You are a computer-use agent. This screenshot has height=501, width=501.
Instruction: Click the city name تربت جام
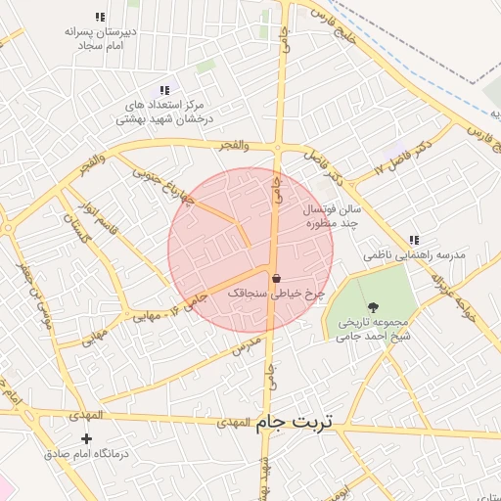pyautogui.click(x=295, y=422)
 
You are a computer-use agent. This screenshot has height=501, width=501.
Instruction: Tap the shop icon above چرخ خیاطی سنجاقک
pyautogui.click(x=276, y=277)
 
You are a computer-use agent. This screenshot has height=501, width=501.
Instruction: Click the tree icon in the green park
pyautogui.click(x=373, y=307)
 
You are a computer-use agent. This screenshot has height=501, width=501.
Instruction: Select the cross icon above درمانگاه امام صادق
pyautogui.click(x=88, y=438)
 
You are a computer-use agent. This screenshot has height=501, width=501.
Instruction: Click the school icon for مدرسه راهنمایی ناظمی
pyautogui.click(x=414, y=240)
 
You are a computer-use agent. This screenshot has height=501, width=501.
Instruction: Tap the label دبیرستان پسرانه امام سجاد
pyautogui.click(x=98, y=38)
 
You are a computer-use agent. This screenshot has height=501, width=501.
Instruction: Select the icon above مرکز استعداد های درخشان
pyautogui.click(x=164, y=90)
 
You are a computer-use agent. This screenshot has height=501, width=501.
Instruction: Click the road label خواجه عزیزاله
pyautogui.click(x=453, y=289)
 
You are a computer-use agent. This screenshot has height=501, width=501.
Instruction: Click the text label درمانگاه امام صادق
pyautogui.click(x=88, y=455)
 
